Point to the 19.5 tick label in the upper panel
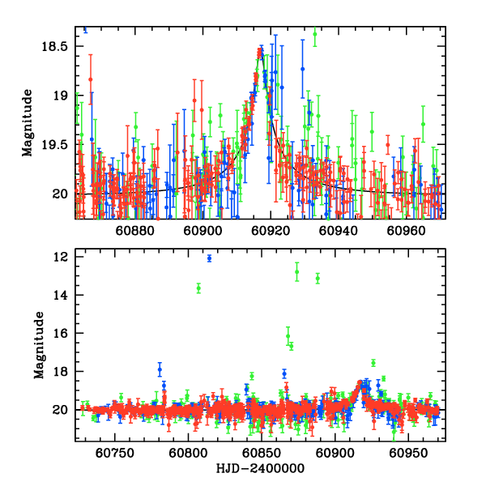point(56,145)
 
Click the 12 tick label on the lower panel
point(60,257)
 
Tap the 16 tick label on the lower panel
point(60,333)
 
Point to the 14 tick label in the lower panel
point(60,295)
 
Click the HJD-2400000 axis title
point(260,469)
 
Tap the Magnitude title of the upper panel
point(28,122)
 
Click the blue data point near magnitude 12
point(209,258)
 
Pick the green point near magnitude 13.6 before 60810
point(198,288)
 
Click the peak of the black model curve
point(260,53)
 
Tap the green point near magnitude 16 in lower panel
point(288,335)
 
